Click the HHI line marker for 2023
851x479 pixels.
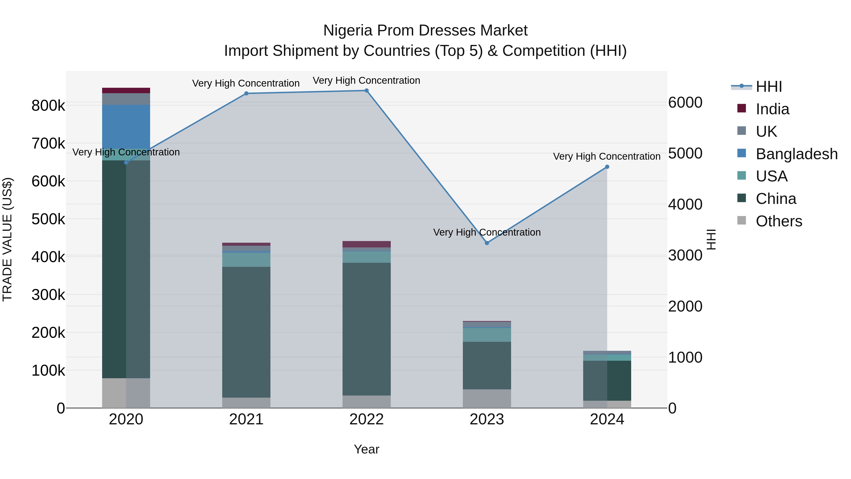point(487,243)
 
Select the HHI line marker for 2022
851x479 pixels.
point(366,91)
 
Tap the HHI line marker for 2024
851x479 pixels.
point(607,167)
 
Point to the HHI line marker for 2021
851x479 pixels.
point(246,93)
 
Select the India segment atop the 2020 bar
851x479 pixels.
point(126,90)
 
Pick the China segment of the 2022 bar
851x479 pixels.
point(366,329)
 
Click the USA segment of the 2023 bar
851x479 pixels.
point(487,335)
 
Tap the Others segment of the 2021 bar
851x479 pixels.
point(246,403)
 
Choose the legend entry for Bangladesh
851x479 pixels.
point(796,154)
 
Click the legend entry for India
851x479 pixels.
point(772,109)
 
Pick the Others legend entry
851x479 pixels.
point(779,221)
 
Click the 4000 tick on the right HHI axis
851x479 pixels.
point(685,204)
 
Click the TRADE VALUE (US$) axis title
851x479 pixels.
point(7,240)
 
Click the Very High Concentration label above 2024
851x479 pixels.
point(607,156)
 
